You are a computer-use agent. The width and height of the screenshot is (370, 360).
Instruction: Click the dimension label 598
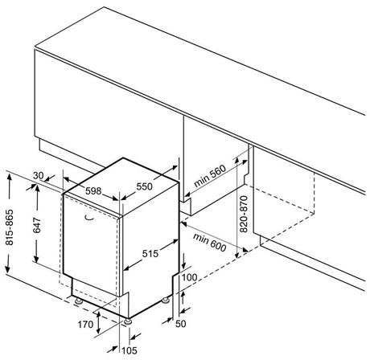click(x=93, y=191)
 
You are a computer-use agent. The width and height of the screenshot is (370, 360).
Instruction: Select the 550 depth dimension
click(x=144, y=186)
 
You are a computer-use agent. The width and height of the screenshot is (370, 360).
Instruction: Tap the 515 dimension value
click(x=150, y=253)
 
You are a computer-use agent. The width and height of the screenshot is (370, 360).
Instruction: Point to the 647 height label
click(x=37, y=225)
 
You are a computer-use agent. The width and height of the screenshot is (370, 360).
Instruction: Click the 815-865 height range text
click(x=10, y=227)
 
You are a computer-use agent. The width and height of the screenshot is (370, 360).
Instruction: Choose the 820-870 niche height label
click(x=244, y=214)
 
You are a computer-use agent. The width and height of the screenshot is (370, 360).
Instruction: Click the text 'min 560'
click(x=210, y=176)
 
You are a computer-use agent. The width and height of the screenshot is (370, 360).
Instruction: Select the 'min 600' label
click(x=209, y=243)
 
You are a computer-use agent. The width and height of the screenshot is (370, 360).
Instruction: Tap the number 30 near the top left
click(x=38, y=176)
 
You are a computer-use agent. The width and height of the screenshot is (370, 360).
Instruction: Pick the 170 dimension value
click(x=85, y=325)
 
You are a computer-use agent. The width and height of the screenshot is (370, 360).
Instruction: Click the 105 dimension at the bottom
click(x=129, y=350)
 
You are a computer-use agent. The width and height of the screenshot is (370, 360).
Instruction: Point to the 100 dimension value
click(x=190, y=277)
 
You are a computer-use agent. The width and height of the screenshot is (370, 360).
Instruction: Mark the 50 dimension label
click(x=181, y=324)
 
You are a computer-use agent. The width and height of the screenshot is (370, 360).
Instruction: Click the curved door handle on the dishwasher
click(x=88, y=219)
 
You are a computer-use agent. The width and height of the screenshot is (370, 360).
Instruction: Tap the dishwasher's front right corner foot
click(x=128, y=321)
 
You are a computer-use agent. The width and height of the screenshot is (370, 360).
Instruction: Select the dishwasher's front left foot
click(x=79, y=301)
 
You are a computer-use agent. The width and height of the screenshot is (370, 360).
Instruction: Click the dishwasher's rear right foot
click(x=165, y=301)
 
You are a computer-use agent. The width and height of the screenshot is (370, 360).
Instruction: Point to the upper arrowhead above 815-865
click(x=10, y=178)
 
